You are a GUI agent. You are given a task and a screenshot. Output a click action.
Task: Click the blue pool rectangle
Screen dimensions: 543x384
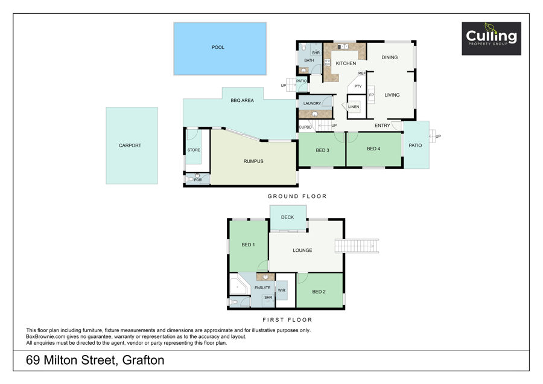point(220,48)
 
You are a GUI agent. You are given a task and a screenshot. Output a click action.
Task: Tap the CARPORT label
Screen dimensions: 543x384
point(130,146)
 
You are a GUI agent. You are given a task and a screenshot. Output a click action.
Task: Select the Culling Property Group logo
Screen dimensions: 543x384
point(491,39)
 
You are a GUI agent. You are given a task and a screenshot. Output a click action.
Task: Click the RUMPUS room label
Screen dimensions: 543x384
point(253,161)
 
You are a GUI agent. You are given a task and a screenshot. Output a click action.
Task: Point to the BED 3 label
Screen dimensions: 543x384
point(322,150)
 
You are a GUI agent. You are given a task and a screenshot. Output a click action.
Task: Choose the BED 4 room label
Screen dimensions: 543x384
point(373,149)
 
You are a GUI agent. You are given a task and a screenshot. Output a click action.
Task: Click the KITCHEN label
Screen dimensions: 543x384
point(346,63)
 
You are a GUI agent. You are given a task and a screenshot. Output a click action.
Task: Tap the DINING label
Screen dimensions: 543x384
point(390,57)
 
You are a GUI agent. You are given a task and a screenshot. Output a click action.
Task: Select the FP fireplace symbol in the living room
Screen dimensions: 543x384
point(371,95)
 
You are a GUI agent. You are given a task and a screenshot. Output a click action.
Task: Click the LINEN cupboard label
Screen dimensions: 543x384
point(354,107)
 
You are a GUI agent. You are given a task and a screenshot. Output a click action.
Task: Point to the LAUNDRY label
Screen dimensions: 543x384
point(312,103)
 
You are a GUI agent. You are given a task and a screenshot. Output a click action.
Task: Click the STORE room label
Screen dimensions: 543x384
point(194,150)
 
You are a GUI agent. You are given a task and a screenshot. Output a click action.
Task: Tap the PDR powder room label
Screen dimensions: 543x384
point(198,180)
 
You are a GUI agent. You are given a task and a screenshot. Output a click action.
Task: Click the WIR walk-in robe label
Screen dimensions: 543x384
point(282,290)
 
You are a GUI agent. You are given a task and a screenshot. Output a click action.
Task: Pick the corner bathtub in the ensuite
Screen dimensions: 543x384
point(240,284)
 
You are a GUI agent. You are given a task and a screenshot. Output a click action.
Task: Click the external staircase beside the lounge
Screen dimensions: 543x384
point(357,246)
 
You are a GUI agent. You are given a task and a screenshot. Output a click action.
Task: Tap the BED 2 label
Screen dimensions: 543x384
point(319,292)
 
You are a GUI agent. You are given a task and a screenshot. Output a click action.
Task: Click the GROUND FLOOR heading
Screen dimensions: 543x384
point(297,196)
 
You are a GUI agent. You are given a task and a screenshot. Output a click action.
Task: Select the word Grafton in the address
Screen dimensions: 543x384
point(144,360)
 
